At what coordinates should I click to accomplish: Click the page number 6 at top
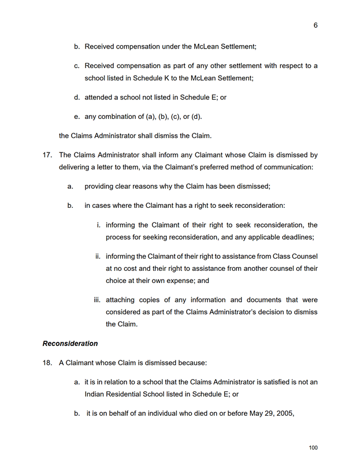click(x=316, y=25)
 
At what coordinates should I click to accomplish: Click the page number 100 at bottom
click(x=313, y=448)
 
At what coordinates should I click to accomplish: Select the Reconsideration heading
click(x=70, y=344)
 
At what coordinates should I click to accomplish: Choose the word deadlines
click(x=296, y=237)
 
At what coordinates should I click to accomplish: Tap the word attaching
click(x=122, y=300)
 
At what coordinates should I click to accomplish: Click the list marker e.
click(x=76, y=117)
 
